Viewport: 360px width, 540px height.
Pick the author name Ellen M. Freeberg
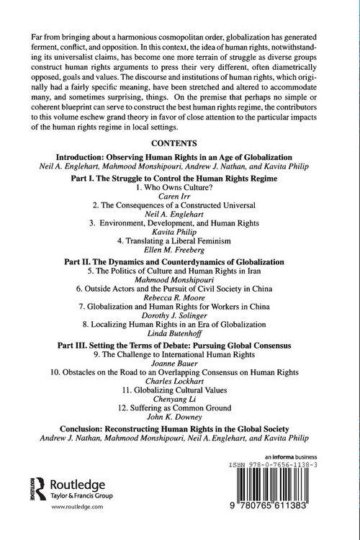tap(180, 250)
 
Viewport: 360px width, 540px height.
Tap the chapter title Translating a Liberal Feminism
tap(180, 240)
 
